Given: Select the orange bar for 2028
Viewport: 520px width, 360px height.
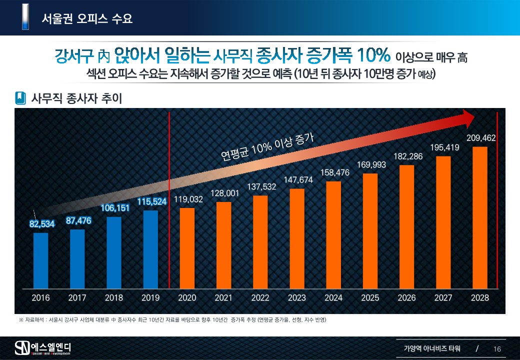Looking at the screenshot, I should pos(480,217).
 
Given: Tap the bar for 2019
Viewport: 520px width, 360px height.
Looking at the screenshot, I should pos(150,249).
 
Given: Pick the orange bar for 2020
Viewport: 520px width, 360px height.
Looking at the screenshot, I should pos(187,248).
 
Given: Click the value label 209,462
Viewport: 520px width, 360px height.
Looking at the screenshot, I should pos(481,138).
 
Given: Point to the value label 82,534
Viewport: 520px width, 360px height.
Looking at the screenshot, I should pos(41,224).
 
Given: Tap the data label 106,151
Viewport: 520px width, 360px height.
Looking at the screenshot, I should pos(114,207).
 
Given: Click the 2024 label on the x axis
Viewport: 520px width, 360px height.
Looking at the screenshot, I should pos(333,298).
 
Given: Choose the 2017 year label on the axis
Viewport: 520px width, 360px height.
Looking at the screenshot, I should pos(77,298).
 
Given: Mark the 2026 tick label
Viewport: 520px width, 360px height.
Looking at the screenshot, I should pos(406,298).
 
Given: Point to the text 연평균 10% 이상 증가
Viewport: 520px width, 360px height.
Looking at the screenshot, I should pos(267,148).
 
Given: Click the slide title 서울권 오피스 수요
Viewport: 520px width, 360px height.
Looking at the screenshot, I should pos(87,19).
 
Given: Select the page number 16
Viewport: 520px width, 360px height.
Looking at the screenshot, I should pos(497,348).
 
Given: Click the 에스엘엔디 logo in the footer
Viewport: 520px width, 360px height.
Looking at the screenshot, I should pos(43,347).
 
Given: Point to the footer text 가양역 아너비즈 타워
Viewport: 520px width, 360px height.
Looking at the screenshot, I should pos(432,348).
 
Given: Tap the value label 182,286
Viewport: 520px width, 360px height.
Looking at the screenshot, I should pos(407,156).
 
